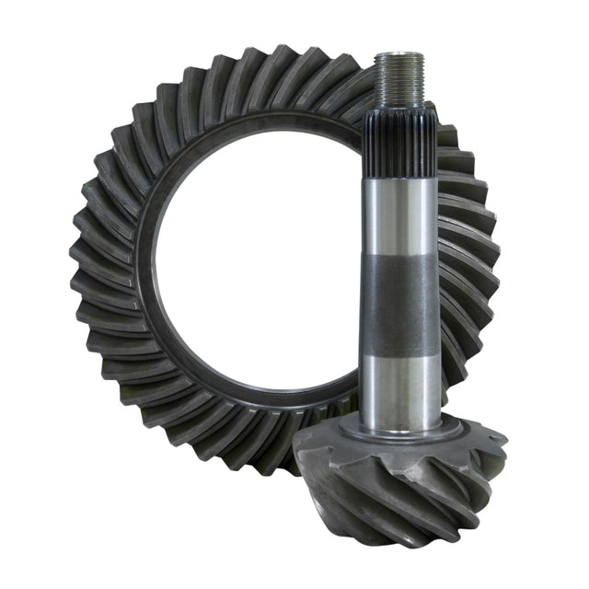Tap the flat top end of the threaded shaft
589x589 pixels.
399,55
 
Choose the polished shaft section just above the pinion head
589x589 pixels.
399,387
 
